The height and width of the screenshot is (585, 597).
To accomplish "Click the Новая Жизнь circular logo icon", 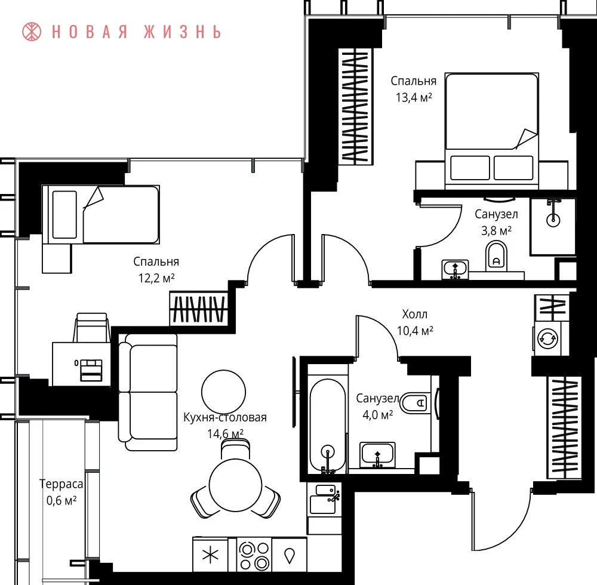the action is pos(32,32).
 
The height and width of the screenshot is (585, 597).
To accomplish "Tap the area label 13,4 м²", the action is pos(414,98).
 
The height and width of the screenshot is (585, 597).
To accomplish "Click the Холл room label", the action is pos(415,315).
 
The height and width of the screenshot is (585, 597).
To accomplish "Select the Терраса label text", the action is pos(61,484).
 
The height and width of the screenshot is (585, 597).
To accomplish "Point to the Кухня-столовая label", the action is pos(224,417).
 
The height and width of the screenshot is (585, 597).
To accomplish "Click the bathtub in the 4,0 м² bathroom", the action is pos(327,426).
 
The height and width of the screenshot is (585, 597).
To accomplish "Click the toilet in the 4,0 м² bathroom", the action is pos(416,403).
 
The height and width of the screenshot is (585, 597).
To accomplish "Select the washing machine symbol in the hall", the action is pos(547,338).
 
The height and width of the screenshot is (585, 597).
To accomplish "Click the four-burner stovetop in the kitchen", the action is pos(254,555).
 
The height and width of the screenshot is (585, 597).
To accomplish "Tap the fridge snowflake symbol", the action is pos(210,555).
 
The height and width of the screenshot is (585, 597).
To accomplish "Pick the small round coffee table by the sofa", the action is pos(223,392).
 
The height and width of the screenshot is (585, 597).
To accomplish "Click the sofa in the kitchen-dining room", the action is pos(148,392).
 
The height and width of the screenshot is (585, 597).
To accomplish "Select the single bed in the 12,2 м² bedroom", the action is pos(101,215).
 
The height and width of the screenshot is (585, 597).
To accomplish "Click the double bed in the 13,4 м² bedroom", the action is pos(491,131).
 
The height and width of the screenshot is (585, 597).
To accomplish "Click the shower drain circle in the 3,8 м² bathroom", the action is pos(553,220).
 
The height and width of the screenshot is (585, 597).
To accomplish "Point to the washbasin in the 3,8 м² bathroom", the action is pos(455,269).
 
